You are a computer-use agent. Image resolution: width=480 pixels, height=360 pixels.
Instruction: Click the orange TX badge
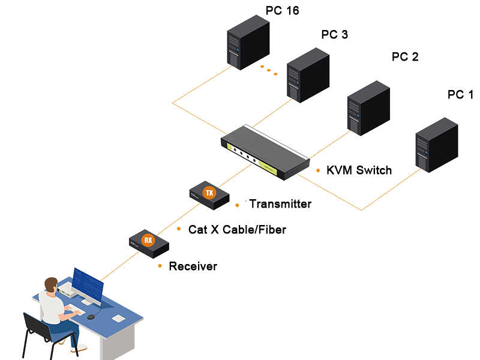(209, 193)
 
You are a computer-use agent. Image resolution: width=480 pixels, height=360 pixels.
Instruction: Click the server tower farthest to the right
(436, 145)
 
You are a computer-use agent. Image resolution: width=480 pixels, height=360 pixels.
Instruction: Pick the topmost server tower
(248, 42)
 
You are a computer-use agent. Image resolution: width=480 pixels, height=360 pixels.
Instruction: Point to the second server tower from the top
(308, 74)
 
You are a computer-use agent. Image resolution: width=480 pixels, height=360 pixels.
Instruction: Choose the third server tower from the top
(368, 108)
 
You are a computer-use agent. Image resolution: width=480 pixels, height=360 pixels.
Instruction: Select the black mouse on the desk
(91, 316)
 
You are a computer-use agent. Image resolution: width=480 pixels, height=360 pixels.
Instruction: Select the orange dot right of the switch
(318, 170)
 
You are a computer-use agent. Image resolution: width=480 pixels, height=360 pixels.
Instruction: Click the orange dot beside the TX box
(238, 206)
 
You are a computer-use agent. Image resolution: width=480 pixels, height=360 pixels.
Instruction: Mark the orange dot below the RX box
(160, 265)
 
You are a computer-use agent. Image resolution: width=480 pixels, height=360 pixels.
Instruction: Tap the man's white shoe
(80, 347)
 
